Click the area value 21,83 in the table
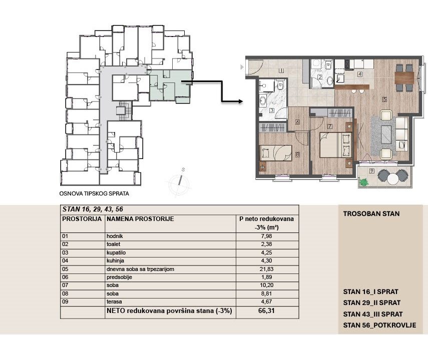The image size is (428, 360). pyautogui.click(x=266, y=269)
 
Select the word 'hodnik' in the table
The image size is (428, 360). pyautogui.click(x=115, y=236)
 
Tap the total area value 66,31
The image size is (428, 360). pyautogui.click(x=266, y=310)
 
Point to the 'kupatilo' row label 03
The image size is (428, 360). pyautogui.click(x=65, y=252)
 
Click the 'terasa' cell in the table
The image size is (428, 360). pyautogui.click(x=114, y=301)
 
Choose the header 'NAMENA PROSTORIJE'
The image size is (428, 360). pyautogui.click(x=140, y=219)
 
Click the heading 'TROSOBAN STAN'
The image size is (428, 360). pyautogui.click(x=371, y=214)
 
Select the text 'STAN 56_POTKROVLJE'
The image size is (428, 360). pyautogui.click(x=379, y=325)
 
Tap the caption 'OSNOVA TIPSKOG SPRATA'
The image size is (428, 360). pyautogui.click(x=94, y=193)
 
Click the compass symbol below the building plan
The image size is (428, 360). pyautogui.click(x=179, y=182)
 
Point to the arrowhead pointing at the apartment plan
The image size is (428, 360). pyautogui.click(x=240, y=101)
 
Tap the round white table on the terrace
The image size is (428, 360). pyautogui.click(x=393, y=179)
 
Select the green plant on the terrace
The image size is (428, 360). pyautogui.click(x=363, y=181)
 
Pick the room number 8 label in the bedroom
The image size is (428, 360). pyautogui.click(x=297, y=154)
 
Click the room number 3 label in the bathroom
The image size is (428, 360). pyautogui.click(x=272, y=110)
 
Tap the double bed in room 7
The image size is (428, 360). pyautogui.click(x=335, y=145)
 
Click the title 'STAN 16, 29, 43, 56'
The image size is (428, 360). pyautogui.click(x=93, y=209)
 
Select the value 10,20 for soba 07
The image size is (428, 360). pyautogui.click(x=266, y=285)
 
